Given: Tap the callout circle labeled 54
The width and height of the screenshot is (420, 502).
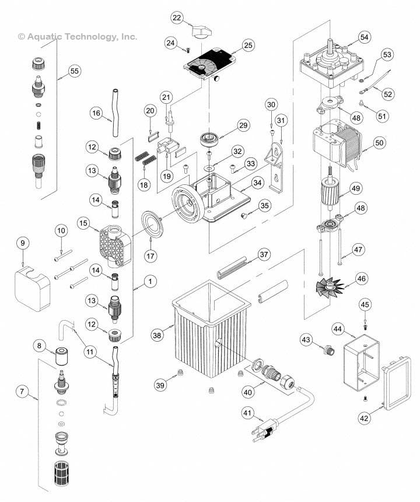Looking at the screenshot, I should pos(364,37).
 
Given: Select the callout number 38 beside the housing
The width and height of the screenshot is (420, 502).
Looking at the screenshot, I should pos(157,335).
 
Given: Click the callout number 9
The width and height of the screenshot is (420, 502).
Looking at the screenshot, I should pos(23,243).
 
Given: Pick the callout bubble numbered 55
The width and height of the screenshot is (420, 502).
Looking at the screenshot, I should pos(73,71).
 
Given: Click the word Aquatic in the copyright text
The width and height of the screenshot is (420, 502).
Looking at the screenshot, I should pos(44,36).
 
